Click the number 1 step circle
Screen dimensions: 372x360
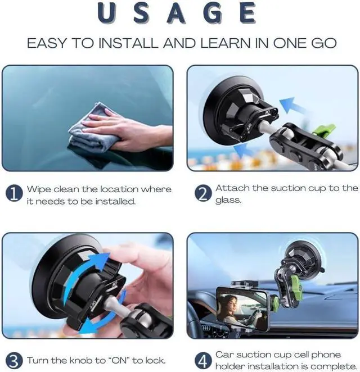click(14, 194)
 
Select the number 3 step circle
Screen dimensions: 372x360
click(14, 360)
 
